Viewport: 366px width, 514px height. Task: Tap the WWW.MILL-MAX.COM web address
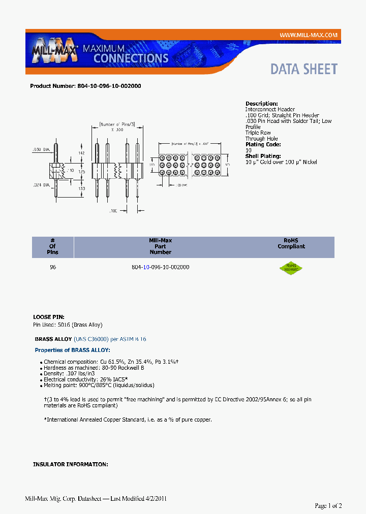coord(309,35)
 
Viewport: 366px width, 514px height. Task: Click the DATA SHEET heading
coord(303,69)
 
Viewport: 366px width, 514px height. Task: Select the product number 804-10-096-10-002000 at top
coord(109,86)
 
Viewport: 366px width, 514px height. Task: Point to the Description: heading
coord(261,104)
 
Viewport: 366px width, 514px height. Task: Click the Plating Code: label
coord(263,145)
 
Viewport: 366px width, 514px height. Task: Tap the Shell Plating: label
coord(263,156)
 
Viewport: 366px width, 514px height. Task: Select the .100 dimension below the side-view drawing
coord(112,210)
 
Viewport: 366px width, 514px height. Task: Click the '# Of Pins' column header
coord(52,246)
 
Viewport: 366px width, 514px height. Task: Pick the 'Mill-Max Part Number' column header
coord(160,246)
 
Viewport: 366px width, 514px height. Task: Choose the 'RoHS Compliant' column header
coord(291,243)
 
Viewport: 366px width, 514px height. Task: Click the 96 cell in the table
coord(52,267)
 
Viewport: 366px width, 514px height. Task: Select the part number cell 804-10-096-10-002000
coord(160,267)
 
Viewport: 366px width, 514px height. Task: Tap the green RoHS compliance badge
coord(291,268)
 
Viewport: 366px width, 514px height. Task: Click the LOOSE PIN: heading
coord(49,317)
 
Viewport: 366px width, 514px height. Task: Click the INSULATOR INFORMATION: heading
coord(70,465)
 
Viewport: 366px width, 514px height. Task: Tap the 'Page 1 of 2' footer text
coord(328,506)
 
